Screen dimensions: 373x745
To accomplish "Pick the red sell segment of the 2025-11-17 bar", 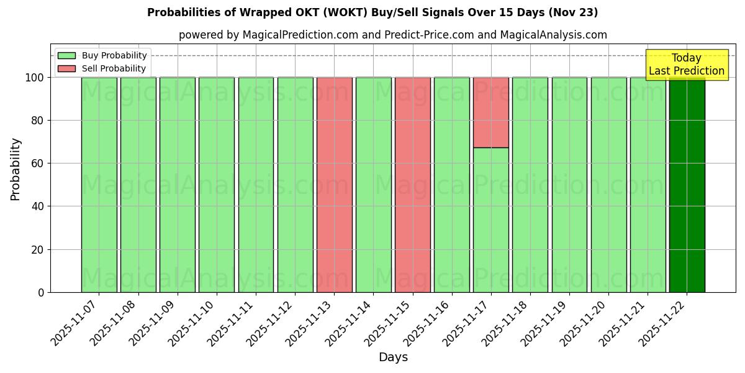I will pos(490,113).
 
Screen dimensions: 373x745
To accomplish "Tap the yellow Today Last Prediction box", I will pos(686,65).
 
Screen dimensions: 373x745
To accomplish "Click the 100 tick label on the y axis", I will pos(34,78).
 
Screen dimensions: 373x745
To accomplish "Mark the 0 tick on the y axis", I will pos(40,292).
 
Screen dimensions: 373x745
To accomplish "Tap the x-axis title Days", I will pos(393,357).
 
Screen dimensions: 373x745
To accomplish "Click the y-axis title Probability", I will pos(16,169).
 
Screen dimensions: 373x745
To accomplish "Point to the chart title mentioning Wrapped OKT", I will pos(372,12).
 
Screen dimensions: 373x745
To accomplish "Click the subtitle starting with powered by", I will pos(393,35).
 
